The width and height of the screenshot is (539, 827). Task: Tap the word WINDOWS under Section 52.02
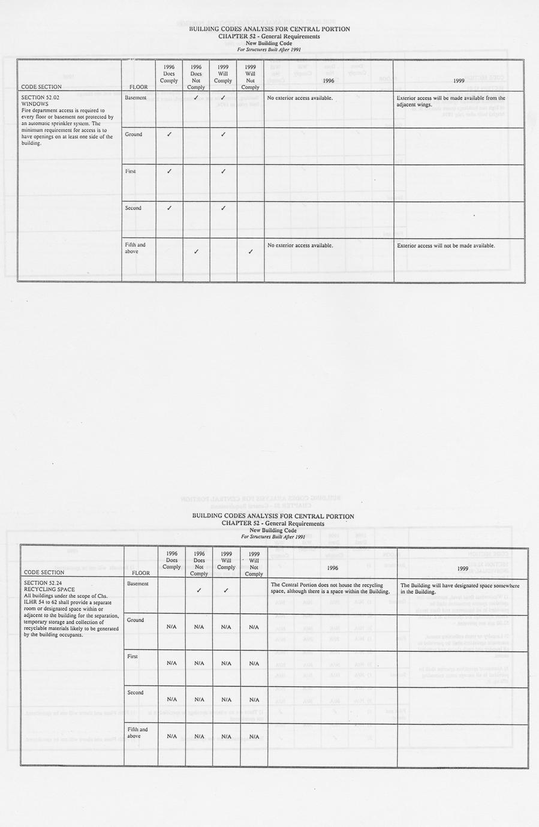[35, 104]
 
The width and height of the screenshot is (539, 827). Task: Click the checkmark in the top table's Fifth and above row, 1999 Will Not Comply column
[251, 251]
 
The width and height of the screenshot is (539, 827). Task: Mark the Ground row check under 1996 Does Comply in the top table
[169, 134]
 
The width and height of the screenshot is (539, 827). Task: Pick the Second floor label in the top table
[134, 208]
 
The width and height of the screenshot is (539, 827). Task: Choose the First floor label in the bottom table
[133, 657]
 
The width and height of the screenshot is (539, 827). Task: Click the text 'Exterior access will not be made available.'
[445, 245]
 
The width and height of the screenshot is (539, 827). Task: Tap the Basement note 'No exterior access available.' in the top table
[300, 97]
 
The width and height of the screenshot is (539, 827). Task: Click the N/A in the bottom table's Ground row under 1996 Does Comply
[171, 627]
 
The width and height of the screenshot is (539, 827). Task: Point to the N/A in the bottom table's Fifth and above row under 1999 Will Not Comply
[254, 736]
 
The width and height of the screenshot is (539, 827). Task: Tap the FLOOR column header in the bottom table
[141, 573]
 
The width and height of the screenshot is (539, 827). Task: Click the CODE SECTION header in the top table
[41, 87]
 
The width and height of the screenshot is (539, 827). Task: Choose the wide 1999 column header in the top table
[459, 80]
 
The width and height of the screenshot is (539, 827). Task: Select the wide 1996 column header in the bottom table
[332, 567]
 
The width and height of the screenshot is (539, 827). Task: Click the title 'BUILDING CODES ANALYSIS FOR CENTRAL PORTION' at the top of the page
[269, 29]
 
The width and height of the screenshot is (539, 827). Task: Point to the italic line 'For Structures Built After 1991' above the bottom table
[273, 537]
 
